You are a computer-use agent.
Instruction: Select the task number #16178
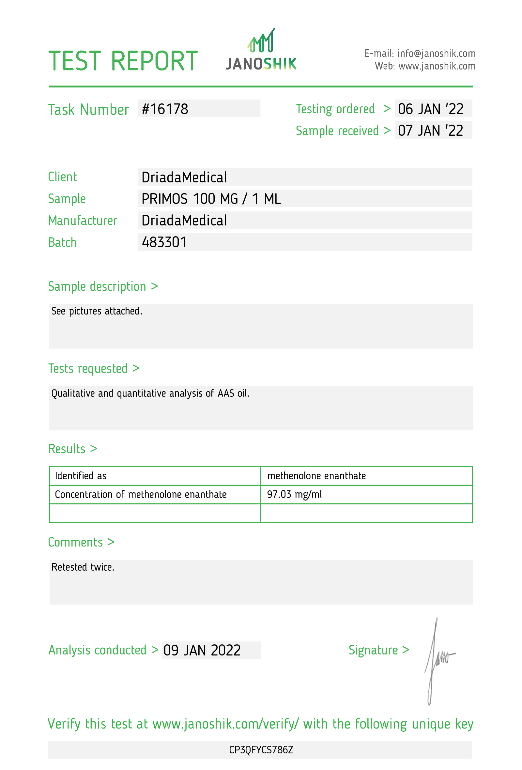coord(165,109)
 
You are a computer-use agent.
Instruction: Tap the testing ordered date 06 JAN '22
coord(430,109)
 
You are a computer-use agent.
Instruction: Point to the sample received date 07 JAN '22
coord(430,131)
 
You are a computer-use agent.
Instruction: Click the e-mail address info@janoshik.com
coord(436,53)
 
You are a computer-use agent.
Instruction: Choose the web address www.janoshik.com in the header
coord(437,66)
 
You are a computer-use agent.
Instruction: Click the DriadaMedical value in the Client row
coord(184,177)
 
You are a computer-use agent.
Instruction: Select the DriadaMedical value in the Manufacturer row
coord(184,221)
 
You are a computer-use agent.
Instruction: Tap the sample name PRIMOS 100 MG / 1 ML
coord(211,199)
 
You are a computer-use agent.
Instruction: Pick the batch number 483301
coord(164,242)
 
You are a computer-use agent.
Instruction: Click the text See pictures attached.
coord(97,311)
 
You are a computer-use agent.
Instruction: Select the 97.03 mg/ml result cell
coord(294,494)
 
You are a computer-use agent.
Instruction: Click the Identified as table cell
coord(81,476)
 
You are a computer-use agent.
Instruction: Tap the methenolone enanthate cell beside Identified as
coord(316,476)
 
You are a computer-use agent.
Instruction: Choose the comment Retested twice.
coord(83,567)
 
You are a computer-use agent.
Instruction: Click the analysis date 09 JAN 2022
coord(202,650)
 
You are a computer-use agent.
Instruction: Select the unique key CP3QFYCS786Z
coord(261,750)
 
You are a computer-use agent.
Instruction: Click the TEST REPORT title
coord(123,61)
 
